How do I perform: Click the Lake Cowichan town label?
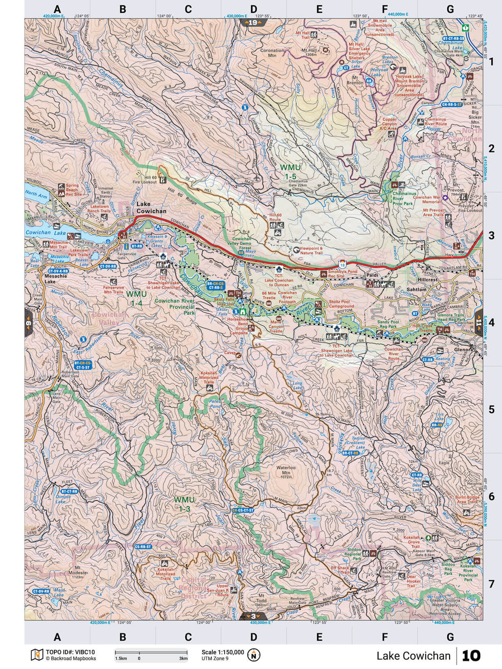[151, 208]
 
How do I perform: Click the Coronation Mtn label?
[272, 53]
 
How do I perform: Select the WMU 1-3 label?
[184, 504]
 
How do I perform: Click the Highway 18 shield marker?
[342, 264]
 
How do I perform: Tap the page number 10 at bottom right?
[471, 656]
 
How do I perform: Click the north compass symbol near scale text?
[253, 655]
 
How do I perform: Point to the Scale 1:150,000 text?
[223, 652]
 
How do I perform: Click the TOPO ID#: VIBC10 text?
[70, 652]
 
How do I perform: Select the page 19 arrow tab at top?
[253, 23]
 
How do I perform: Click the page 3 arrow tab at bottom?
[253, 616]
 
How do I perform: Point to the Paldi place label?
[371, 276]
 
